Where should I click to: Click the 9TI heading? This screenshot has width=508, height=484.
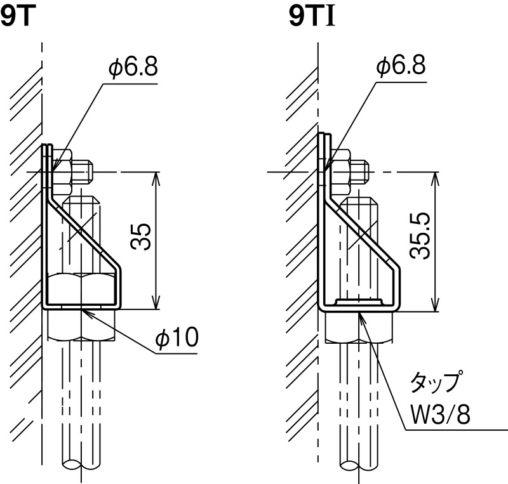[x=312, y=18]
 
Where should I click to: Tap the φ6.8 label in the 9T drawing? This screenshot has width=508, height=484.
[x=133, y=67]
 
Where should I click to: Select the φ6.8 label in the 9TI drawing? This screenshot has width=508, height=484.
[x=401, y=66]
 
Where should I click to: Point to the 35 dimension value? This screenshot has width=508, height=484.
[x=140, y=237]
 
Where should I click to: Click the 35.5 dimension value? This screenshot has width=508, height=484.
[x=420, y=237]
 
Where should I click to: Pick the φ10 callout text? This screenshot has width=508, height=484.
[x=177, y=337]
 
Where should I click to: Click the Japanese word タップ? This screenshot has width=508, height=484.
[x=435, y=383]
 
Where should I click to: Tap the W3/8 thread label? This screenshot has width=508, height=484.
[x=440, y=414]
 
